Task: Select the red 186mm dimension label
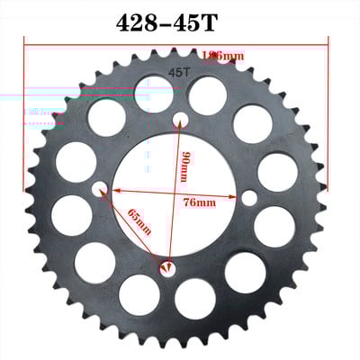223,57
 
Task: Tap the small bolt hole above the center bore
180,117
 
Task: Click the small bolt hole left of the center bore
99,189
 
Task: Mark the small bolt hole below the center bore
167,266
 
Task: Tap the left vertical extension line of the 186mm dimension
24,108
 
